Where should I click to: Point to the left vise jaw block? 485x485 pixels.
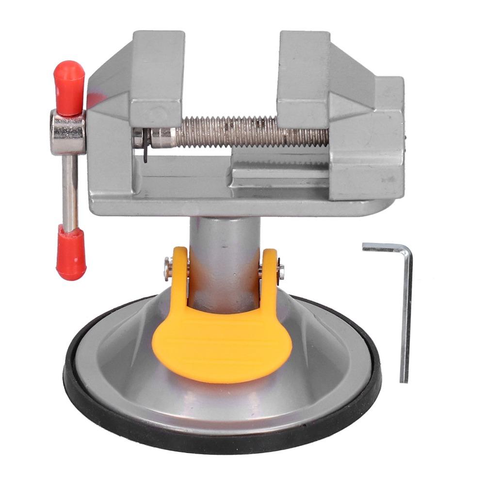coord(156,78)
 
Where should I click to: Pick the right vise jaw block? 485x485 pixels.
coord(304,78)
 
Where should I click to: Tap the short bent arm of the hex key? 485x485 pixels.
coord(383,248)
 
